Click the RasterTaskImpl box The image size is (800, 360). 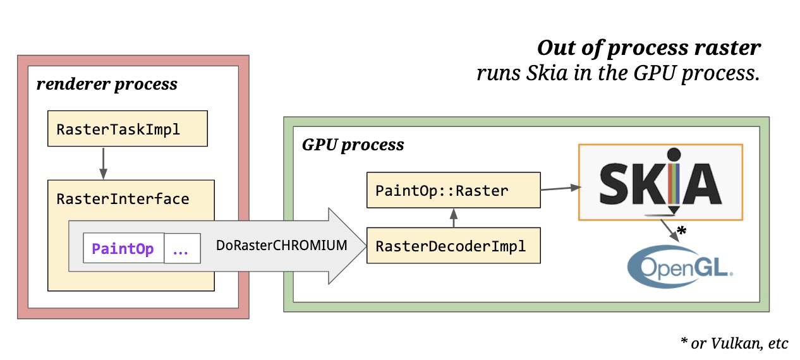128,129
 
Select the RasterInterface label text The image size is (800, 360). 123,199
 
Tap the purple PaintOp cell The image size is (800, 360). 123,249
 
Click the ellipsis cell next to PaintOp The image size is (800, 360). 181,249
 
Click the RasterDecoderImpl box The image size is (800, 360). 453,246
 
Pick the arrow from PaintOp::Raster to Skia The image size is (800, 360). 560,187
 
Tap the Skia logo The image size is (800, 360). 660,182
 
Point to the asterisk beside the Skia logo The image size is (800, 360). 681,232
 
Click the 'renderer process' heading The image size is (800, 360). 107,84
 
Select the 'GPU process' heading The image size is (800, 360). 353,145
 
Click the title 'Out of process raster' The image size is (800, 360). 649,48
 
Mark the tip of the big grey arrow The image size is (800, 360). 365,246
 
